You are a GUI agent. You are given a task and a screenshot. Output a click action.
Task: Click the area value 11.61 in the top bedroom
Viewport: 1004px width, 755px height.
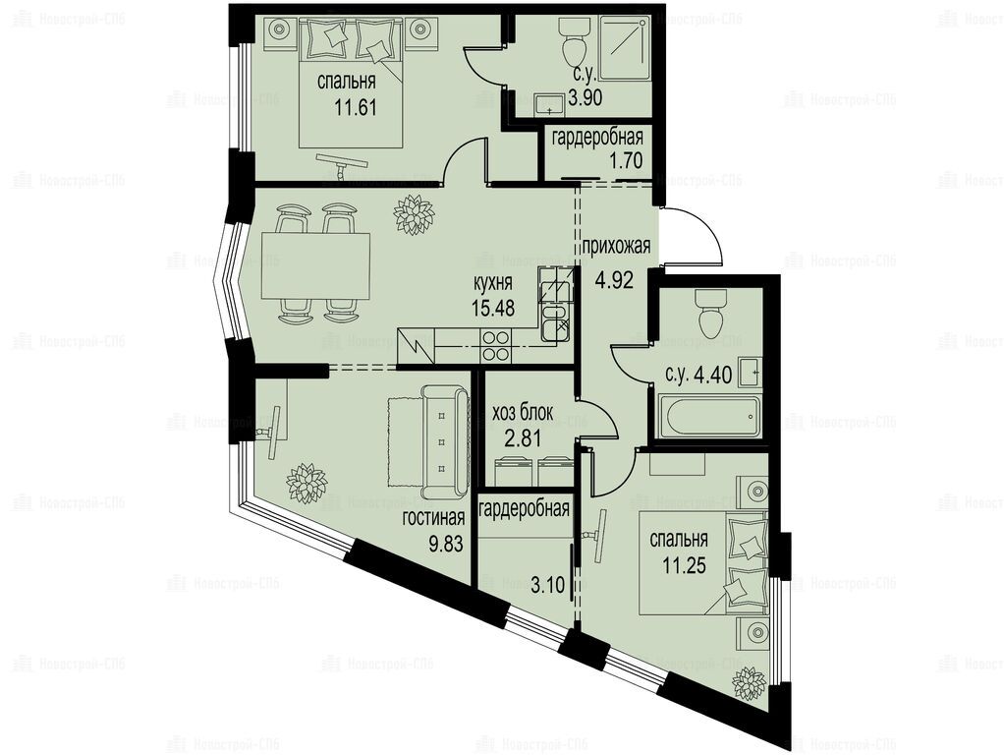click(356, 107)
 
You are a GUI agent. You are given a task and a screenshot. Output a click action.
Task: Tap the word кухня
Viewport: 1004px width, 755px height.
click(492, 283)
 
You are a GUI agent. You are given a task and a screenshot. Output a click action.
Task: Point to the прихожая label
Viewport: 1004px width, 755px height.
click(616, 246)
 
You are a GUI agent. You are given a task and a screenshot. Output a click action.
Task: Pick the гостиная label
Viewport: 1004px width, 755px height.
click(433, 518)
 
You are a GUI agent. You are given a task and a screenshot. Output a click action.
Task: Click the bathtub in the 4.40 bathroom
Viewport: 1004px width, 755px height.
click(710, 417)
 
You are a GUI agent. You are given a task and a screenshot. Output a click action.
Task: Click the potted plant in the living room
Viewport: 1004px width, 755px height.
click(307, 482)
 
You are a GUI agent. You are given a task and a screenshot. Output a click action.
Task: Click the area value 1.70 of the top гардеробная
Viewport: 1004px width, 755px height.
click(626, 160)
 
